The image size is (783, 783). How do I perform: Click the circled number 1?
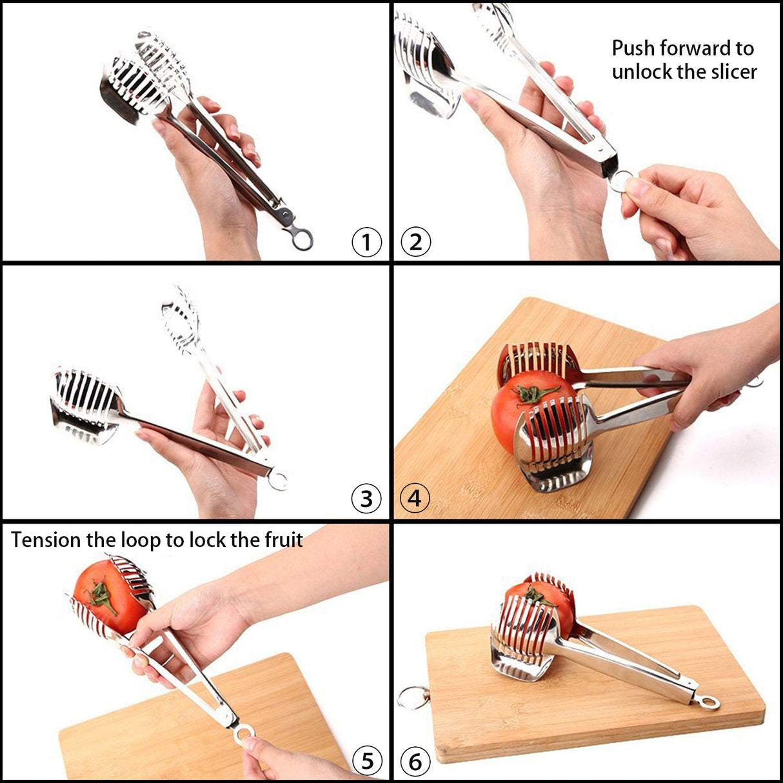coord(366,243)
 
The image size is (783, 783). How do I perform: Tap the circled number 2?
coord(415,243)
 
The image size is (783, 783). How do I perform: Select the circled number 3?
coord(366,499)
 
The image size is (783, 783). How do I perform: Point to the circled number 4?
coord(415,499)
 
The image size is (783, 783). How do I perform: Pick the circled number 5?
coord(366,762)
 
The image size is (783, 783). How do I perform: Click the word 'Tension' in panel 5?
coord(46,540)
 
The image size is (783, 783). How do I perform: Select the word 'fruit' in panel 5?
coord(284,539)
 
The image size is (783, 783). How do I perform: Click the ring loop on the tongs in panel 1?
coord(302,239)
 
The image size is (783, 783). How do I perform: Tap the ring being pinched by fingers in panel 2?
coord(620,181)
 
